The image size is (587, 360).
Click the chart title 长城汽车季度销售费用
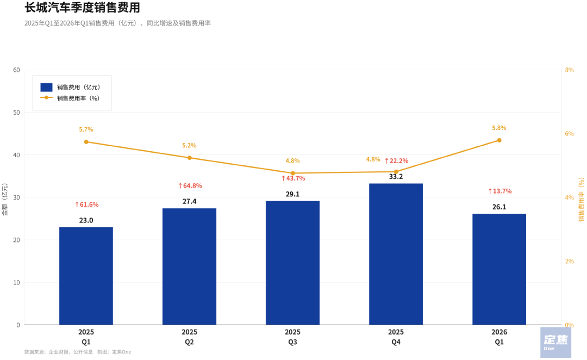pyautogui.click(x=82, y=8)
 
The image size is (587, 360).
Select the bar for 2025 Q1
pyautogui.click(x=86, y=276)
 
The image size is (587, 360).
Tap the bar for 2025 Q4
pyautogui.click(x=396, y=254)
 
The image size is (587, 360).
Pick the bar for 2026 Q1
pyautogui.click(x=499, y=269)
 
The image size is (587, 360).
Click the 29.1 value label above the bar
pyautogui.click(x=292, y=194)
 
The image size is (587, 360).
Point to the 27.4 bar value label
pyautogui.click(x=189, y=201)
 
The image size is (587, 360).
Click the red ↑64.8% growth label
pyautogui.click(x=190, y=186)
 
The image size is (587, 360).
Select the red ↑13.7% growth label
pyautogui.click(x=499, y=191)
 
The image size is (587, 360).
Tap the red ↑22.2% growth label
pyautogui.click(x=396, y=161)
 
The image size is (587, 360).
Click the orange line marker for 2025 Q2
pyautogui.click(x=190, y=158)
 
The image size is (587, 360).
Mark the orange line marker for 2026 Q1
pyautogui.click(x=499, y=140)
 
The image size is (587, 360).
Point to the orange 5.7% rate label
pyautogui.click(x=86, y=129)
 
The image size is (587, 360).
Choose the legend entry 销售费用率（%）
pyautogui.click(x=78, y=98)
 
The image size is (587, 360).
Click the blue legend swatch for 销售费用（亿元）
pyautogui.click(x=46, y=87)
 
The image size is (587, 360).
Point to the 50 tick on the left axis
pyautogui.click(x=16, y=113)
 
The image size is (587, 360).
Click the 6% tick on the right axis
pyautogui.click(x=570, y=134)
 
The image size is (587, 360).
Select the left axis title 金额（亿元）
pyautogui.click(x=5, y=199)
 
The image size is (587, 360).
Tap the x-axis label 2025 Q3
pyautogui.click(x=292, y=337)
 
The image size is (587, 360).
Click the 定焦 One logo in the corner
pyautogui.click(x=555, y=342)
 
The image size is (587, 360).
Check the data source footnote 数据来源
pyautogui.click(x=78, y=352)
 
